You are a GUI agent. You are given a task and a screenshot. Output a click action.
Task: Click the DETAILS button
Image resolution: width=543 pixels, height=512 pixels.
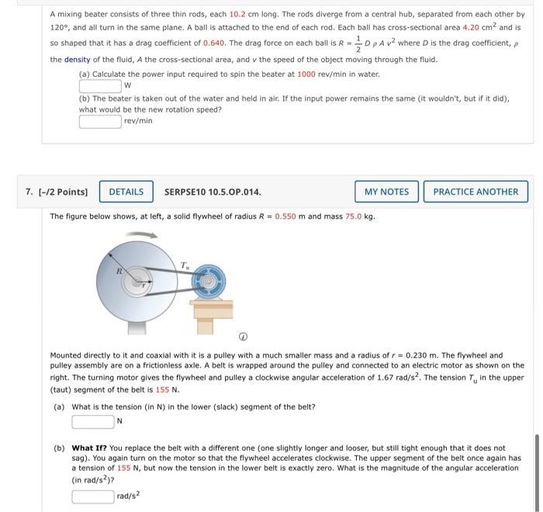(126, 192)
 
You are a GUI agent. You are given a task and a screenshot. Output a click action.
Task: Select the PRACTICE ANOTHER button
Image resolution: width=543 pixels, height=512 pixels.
(476, 192)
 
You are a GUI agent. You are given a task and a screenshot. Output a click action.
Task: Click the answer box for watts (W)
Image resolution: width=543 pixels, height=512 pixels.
(100, 85)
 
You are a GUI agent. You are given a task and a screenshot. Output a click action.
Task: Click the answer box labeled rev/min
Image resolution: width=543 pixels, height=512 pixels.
(100, 121)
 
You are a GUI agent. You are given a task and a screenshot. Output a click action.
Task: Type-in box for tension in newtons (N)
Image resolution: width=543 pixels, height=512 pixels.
(93, 421)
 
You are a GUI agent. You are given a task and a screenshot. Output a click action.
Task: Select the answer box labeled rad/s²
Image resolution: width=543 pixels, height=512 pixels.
(93, 496)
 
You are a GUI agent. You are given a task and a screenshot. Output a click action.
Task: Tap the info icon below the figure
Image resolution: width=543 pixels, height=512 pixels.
(243, 337)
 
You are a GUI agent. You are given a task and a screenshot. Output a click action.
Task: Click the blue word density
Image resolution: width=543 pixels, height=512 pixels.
(77, 60)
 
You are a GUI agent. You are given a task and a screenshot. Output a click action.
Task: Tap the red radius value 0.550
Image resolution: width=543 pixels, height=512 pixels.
(288, 216)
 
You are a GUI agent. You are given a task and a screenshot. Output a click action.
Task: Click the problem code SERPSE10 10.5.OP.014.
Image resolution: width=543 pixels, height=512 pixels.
(213, 192)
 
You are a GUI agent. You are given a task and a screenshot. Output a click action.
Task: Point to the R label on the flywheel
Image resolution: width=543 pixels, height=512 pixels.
(118, 272)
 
